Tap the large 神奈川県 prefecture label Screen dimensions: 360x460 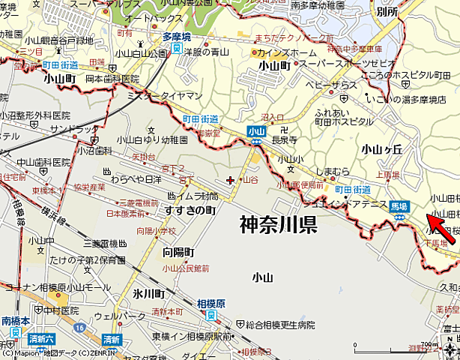[x=278, y=224]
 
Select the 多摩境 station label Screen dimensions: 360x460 [x=177, y=35]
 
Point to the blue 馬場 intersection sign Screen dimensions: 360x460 [x=399, y=205]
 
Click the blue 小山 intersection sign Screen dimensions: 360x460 [x=255, y=130]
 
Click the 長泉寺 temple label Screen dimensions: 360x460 [x=283, y=139]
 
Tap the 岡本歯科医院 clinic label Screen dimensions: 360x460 [x=112, y=79]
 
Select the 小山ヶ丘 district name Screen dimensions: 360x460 [x=381, y=149]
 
